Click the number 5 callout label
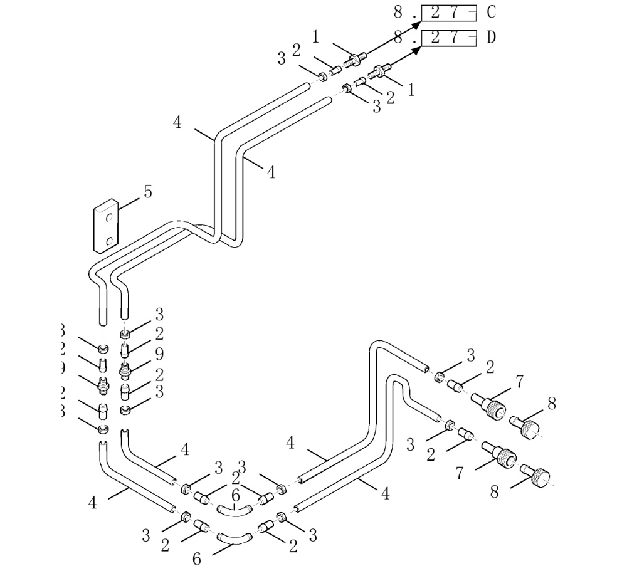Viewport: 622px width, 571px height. pyautogui.click(x=147, y=192)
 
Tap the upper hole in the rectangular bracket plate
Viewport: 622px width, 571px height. pyautogui.click(x=109, y=217)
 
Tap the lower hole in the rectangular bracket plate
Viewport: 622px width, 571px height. pyautogui.click(x=109, y=240)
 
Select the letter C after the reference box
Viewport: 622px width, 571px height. pyautogui.click(x=491, y=12)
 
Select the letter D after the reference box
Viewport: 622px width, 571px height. pyautogui.click(x=491, y=38)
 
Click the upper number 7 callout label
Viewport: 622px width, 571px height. pyautogui.click(x=520, y=381)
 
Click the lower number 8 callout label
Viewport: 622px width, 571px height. pyautogui.click(x=494, y=493)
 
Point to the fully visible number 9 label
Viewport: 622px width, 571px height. pyautogui.click(x=159, y=354)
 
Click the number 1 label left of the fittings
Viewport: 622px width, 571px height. pyautogui.click(x=315, y=36)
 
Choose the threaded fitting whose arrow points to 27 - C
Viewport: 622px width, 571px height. pyautogui.click(x=356, y=61)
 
